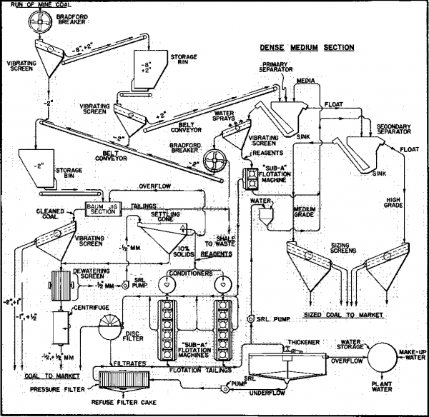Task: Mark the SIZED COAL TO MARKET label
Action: [347, 313]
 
